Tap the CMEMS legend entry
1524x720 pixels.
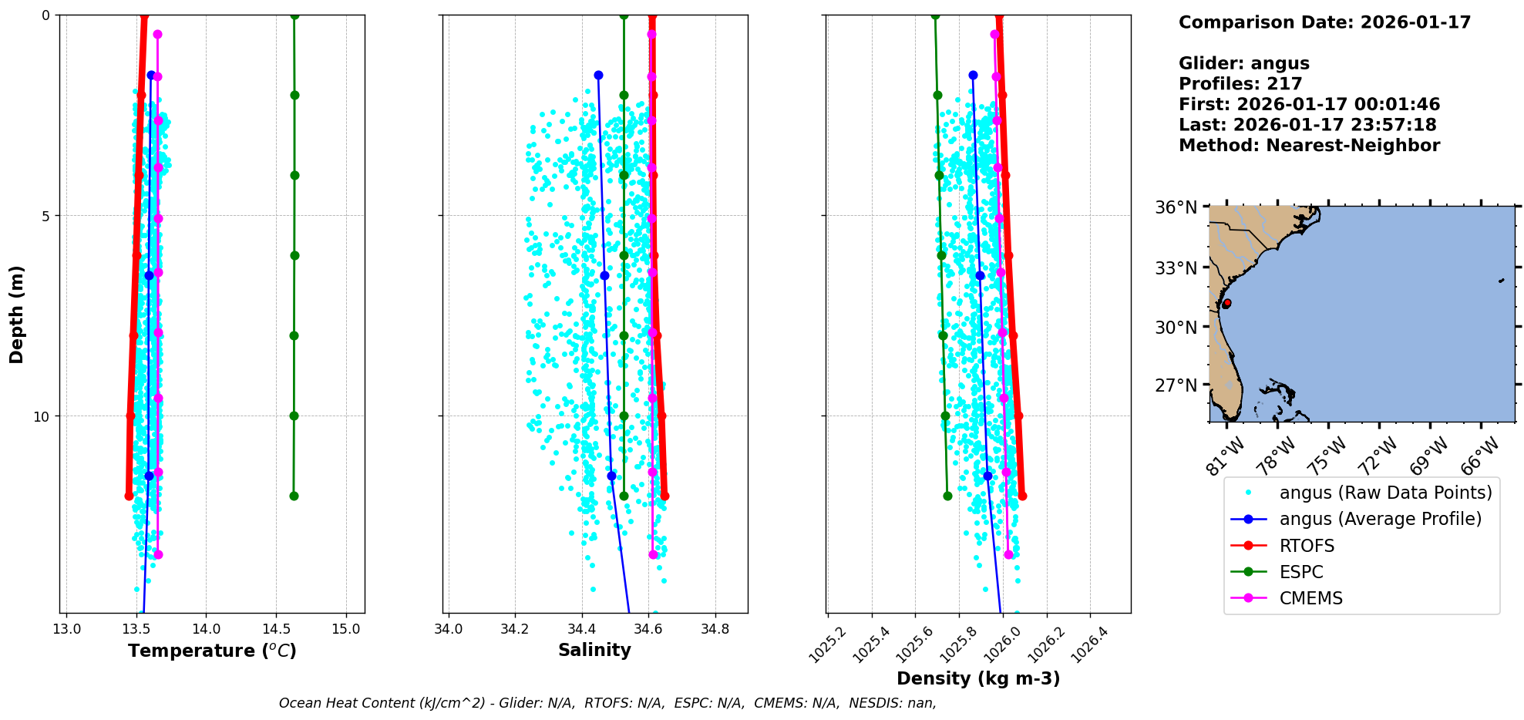click(1310, 598)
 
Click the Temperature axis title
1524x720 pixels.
click(212, 651)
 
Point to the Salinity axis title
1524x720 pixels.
click(594, 651)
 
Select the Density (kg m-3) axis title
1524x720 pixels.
click(978, 678)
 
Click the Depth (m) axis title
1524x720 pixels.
click(17, 314)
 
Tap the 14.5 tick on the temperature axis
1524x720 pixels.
click(276, 629)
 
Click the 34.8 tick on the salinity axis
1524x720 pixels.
click(715, 629)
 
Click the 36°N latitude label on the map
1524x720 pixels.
click(1176, 207)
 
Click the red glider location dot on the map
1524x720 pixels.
click(1226, 303)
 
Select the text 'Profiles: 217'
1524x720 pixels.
click(1240, 84)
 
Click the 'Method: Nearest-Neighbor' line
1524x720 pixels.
click(1309, 146)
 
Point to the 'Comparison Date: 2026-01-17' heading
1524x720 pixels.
click(1324, 22)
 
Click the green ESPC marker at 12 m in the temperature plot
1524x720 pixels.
click(294, 496)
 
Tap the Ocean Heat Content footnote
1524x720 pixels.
click(607, 703)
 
